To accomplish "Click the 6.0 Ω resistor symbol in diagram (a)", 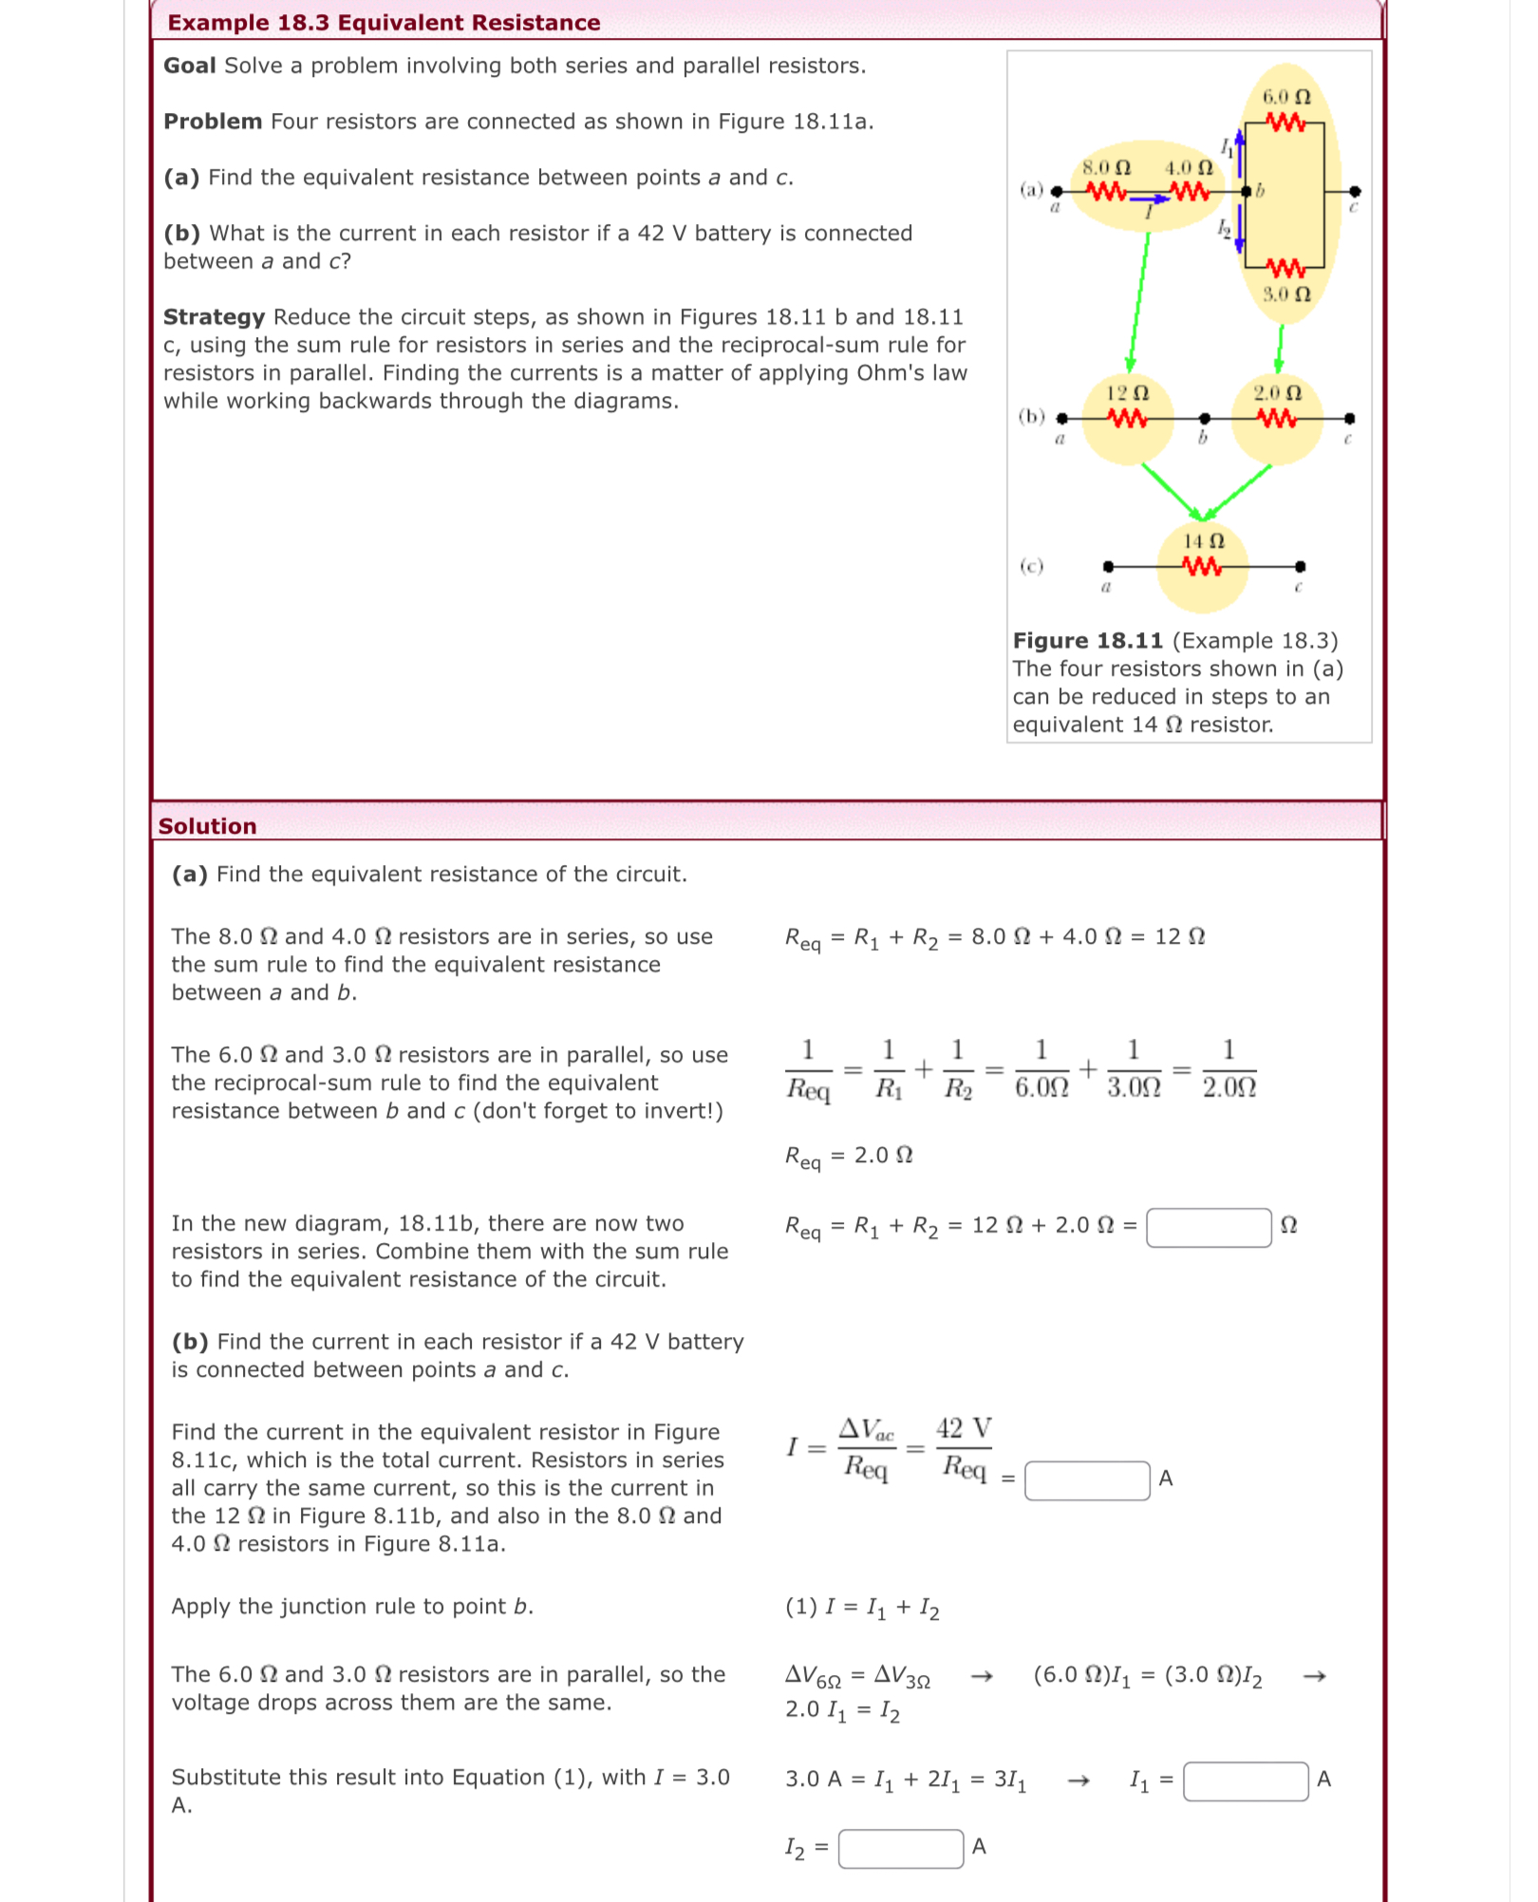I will click(1285, 122).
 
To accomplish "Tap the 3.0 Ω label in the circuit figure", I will click(1286, 293).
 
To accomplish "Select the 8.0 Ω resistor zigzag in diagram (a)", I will click(1106, 191).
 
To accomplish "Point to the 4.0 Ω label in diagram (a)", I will click(1189, 168).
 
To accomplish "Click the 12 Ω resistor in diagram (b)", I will click(1128, 418).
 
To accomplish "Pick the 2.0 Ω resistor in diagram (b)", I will click(1277, 418).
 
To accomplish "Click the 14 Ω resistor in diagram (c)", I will click(1202, 567).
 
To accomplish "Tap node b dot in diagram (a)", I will click(1246, 191).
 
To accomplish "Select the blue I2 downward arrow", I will click(1239, 231).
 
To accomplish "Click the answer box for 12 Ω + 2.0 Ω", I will click(1209, 1227).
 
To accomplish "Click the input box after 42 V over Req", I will click(1087, 1480).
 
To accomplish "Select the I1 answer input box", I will click(1246, 1780).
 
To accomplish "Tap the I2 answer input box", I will click(900, 1848).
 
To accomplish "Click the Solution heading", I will click(207, 826).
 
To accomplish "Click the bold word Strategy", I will click(214, 317).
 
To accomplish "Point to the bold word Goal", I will click(189, 66).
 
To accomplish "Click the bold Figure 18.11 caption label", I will click(1088, 641).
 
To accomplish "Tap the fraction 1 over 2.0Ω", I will click(1229, 1069).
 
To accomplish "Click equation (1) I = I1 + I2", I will click(862, 1607).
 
